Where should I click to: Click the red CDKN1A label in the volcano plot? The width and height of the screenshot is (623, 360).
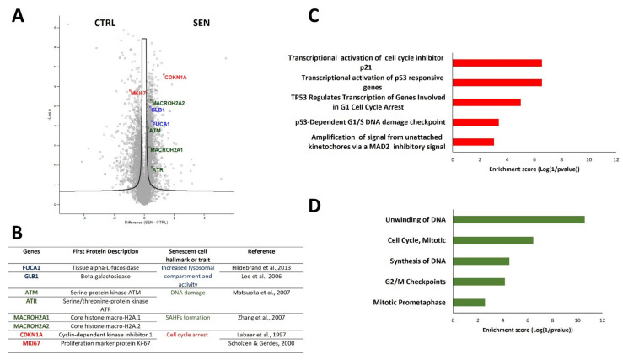[x=176, y=78]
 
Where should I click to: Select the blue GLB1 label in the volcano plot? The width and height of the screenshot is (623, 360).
[x=158, y=110]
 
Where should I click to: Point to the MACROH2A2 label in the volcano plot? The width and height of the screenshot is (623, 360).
[x=169, y=103]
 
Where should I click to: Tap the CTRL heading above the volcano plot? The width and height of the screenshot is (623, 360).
[x=105, y=19]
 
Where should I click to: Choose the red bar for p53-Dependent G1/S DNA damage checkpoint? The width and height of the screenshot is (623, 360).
[x=475, y=122]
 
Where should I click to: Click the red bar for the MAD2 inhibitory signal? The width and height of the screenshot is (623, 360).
[x=473, y=142]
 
